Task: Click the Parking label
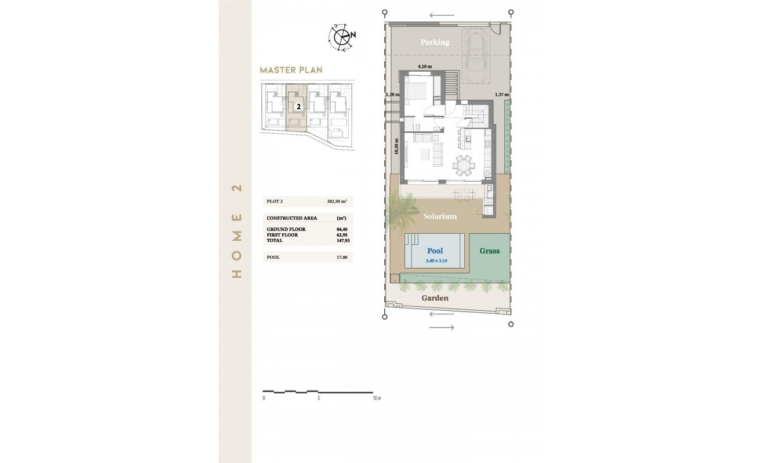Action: pyautogui.click(x=435, y=42)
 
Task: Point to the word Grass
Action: pyautogui.click(x=489, y=251)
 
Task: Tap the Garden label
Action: pyautogui.click(x=435, y=298)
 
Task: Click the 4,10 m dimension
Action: pyautogui.click(x=425, y=66)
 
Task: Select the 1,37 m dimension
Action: pyautogui.click(x=501, y=94)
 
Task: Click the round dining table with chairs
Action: pyautogui.click(x=464, y=165)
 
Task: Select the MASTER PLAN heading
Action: pyautogui.click(x=291, y=70)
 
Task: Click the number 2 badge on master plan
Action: pyautogui.click(x=298, y=106)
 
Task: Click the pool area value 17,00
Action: pyautogui.click(x=341, y=257)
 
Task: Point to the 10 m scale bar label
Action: pyautogui.click(x=376, y=398)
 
